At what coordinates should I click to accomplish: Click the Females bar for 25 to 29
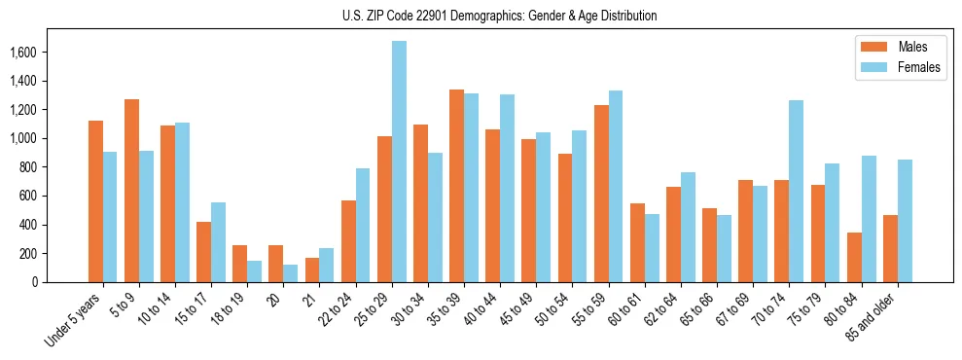point(399,162)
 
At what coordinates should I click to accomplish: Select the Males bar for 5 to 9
point(131,191)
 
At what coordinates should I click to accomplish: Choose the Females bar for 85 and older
point(905,221)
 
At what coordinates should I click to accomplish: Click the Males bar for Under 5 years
point(95,201)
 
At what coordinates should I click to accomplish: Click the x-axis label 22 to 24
point(341,307)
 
